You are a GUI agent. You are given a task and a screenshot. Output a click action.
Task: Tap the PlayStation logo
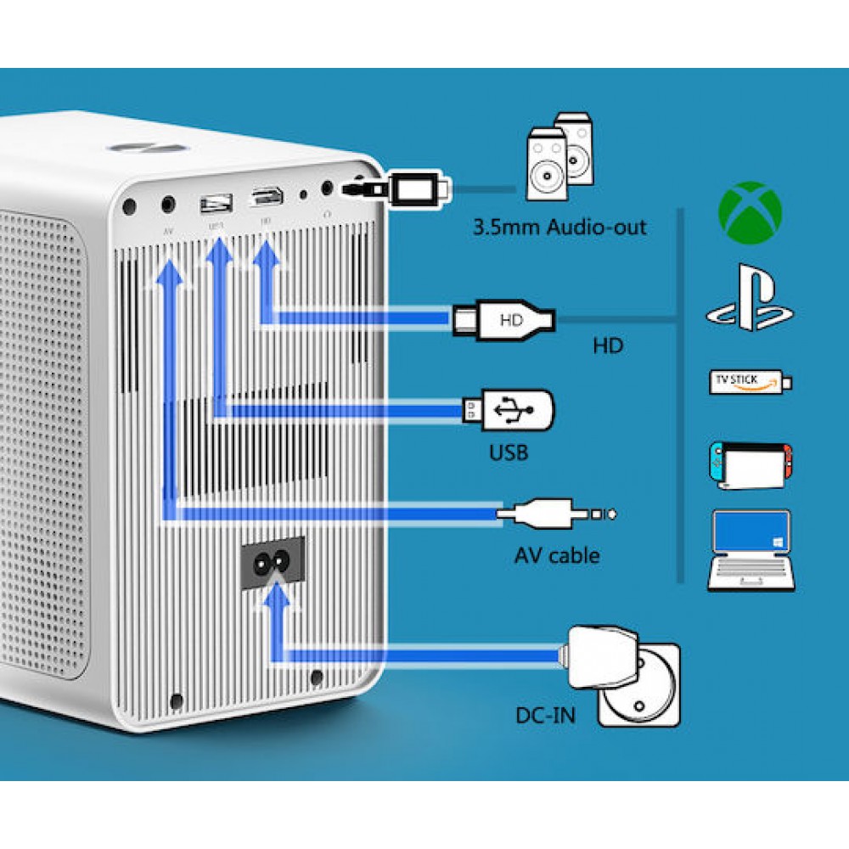click(x=750, y=299)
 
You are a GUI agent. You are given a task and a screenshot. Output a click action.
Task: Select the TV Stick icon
click(x=750, y=382)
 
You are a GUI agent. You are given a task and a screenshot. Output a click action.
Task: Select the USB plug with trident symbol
click(x=509, y=410)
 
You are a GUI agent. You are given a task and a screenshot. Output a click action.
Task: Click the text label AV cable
click(x=557, y=556)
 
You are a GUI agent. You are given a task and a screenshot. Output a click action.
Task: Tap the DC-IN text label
click(x=544, y=715)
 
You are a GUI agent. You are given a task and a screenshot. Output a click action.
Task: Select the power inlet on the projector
click(x=275, y=562)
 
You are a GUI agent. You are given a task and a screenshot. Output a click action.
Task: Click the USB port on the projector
click(x=216, y=203)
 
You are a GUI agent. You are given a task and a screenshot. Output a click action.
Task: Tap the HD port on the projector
click(x=266, y=200)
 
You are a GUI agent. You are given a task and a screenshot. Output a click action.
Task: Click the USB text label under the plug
click(x=509, y=452)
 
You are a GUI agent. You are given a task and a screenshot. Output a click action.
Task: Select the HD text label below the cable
click(x=608, y=346)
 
